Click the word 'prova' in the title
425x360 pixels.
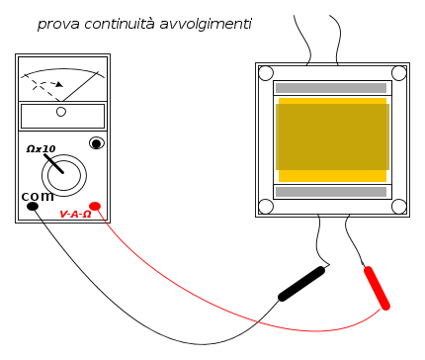[58, 25]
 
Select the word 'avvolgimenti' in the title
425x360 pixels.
[206, 25]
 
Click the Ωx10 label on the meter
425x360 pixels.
[41, 149]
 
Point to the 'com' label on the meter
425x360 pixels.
[38, 197]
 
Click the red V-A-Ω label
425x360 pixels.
[75, 215]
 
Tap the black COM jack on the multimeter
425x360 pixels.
[33, 207]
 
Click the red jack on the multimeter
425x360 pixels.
[95, 207]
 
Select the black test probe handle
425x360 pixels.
[301, 284]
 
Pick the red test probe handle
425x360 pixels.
[377, 288]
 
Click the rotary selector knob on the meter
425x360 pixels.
[64, 175]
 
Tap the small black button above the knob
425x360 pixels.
[97, 143]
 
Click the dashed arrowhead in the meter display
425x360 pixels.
[59, 84]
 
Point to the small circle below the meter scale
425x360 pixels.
[61, 112]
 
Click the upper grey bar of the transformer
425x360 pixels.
[331, 88]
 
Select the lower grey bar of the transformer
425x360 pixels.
[331, 192]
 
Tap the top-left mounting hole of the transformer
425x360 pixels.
[266, 73]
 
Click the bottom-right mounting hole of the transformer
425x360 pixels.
[398, 207]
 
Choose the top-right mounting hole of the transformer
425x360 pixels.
[398, 73]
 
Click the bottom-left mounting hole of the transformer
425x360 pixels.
[266, 207]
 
